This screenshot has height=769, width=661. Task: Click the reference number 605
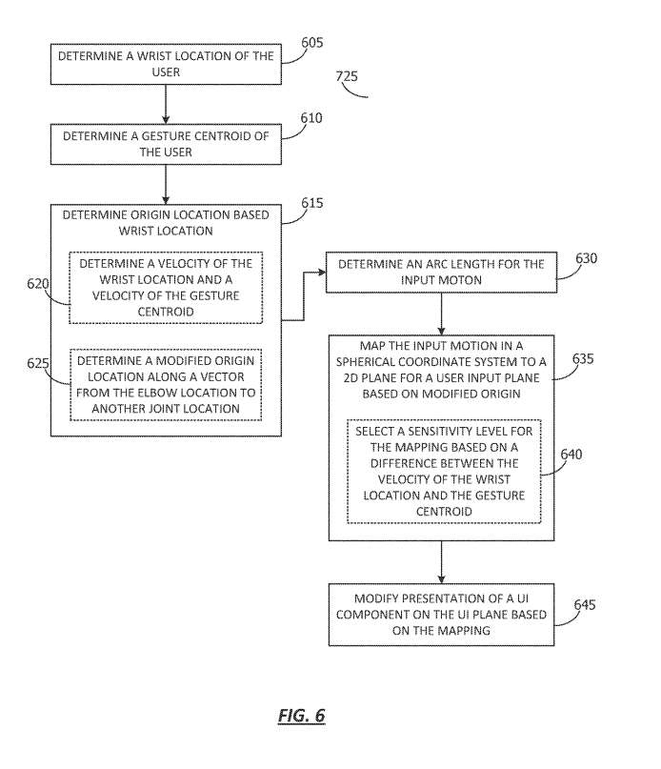pyautogui.click(x=312, y=43)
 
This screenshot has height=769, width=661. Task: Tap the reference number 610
pyautogui.click(x=311, y=118)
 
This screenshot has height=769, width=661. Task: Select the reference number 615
pyautogui.click(x=312, y=203)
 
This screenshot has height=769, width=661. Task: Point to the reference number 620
pyautogui.click(x=38, y=283)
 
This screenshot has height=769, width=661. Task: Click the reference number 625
pyautogui.click(x=38, y=363)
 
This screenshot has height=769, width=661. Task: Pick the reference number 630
pyautogui.click(x=586, y=258)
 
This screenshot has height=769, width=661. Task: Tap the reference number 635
pyautogui.click(x=583, y=359)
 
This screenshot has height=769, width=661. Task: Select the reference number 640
pyautogui.click(x=571, y=455)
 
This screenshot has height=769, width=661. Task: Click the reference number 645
pyautogui.click(x=585, y=605)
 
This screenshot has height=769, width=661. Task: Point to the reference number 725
pyautogui.click(x=347, y=76)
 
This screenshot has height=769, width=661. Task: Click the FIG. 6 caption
pyautogui.click(x=302, y=716)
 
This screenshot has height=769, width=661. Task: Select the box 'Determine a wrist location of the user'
pyautogui.click(x=166, y=64)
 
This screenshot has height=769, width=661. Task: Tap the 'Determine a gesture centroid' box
pyautogui.click(x=166, y=144)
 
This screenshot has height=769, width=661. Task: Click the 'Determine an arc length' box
pyautogui.click(x=441, y=273)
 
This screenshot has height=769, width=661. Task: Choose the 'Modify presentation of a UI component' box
pyautogui.click(x=441, y=615)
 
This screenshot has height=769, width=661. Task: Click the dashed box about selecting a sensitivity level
pyautogui.click(x=444, y=472)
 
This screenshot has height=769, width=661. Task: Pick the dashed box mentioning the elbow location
pyautogui.click(x=166, y=385)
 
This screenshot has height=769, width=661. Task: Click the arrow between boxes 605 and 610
pyautogui.click(x=166, y=104)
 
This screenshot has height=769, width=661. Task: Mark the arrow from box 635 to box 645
pyautogui.click(x=441, y=562)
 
